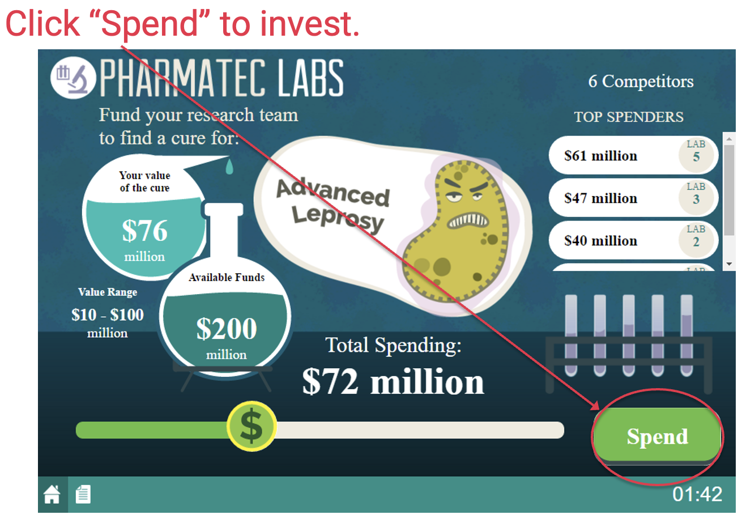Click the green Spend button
(x=657, y=436)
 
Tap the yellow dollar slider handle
(x=251, y=427)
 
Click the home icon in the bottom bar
(x=52, y=494)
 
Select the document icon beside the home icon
(x=83, y=494)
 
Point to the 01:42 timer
(x=697, y=494)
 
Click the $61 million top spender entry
(x=633, y=155)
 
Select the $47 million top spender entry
(x=633, y=198)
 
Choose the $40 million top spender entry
(x=633, y=240)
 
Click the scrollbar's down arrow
(x=729, y=264)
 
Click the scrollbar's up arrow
(x=729, y=139)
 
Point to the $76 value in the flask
(x=145, y=231)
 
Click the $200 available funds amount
(x=227, y=329)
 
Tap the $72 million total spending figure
(x=393, y=381)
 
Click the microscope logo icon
(x=73, y=78)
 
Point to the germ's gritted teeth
(x=467, y=220)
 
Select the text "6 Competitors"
(x=641, y=81)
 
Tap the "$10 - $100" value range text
(x=108, y=314)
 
